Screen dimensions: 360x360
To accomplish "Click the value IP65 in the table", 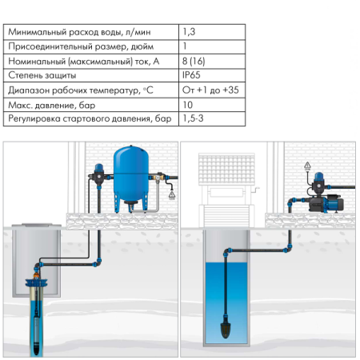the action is (x=191, y=75).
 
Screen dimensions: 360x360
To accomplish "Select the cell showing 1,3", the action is (x=189, y=32).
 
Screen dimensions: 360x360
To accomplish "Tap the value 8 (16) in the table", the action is (x=194, y=61).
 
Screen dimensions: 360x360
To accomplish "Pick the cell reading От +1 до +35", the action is (x=210, y=90).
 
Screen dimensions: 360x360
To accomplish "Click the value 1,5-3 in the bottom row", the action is (x=193, y=118).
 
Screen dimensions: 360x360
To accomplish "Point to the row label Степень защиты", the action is (x=42, y=75).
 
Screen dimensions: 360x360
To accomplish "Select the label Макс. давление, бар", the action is (x=52, y=105).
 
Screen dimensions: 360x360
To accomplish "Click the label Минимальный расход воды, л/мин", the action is (x=79, y=32).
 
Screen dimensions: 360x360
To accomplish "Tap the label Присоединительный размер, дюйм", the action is (x=81, y=46).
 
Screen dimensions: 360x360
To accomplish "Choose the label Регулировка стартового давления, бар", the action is (x=90, y=118).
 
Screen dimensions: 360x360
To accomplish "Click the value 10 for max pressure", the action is (x=187, y=105).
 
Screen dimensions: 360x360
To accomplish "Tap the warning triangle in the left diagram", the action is (x=172, y=195).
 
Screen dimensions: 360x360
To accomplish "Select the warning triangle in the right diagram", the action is (x=307, y=166).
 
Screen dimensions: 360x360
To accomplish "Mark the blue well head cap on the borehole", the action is (x=36, y=282).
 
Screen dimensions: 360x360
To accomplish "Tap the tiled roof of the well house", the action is (x=226, y=169).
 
